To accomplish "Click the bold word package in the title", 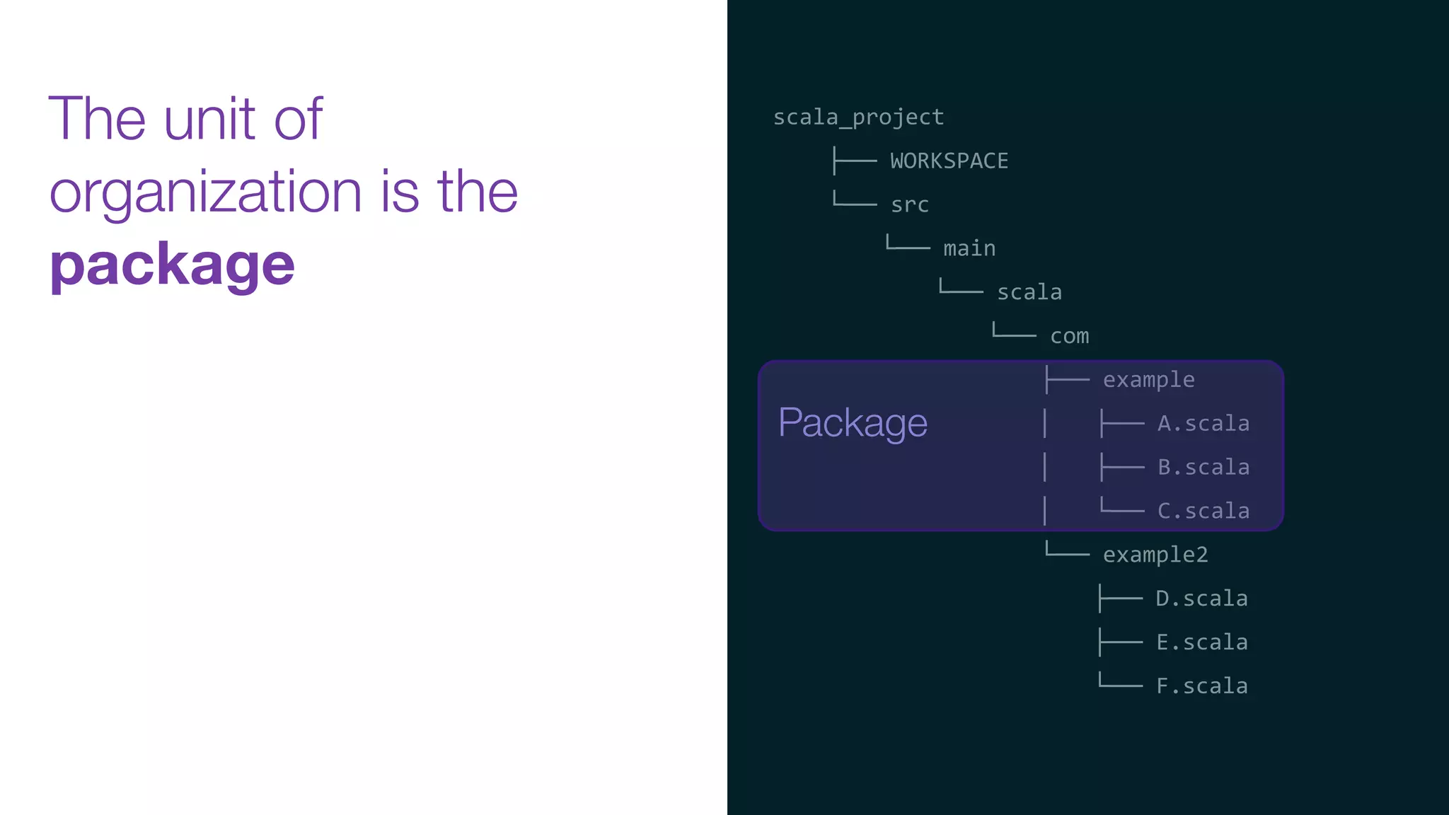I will pos(172,265).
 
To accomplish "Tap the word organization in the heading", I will pos(206,192).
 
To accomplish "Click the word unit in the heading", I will pos(209,119).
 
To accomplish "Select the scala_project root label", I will pos(858,117).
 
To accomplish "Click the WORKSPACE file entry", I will pos(949,161).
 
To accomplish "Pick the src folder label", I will pos(909,205).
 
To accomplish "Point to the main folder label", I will pos(969,249).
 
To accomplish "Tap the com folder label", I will pos(1069,336).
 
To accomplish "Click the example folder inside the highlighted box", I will pos(1148,380).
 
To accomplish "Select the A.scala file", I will pos(1203,424).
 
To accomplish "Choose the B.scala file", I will pos(1203,468).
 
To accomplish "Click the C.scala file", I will pos(1203,511).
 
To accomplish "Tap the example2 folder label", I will pos(1155,555).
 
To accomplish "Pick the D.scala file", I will pos(1201,599).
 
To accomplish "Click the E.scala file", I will pos(1201,642).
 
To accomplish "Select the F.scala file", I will pos(1201,686).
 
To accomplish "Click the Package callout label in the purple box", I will pos(853,423).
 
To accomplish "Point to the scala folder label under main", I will pos(1029,292).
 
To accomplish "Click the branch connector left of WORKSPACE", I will pos(855,161).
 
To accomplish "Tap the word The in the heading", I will pos(97,119).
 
